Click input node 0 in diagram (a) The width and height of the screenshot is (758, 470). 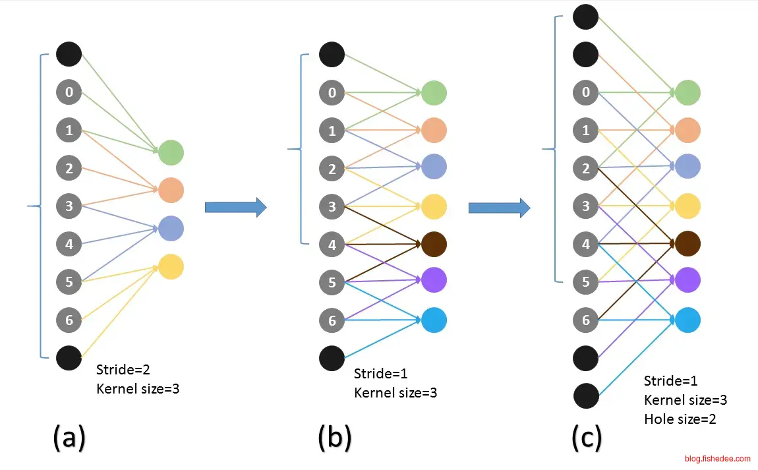69,92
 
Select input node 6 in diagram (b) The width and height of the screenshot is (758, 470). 332,320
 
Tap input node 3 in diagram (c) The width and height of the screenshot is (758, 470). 586,206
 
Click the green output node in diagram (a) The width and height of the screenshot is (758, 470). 171,152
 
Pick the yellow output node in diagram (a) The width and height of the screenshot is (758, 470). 171,266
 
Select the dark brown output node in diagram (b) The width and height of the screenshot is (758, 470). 434,244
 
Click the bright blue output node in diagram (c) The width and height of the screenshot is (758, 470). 687,320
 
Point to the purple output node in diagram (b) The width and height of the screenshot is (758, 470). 434,280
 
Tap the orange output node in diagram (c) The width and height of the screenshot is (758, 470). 687,130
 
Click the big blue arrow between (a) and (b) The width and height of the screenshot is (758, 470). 235,207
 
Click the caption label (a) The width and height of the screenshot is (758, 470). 69,438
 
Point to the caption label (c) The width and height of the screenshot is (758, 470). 586,438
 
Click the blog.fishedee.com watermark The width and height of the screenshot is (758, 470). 717,459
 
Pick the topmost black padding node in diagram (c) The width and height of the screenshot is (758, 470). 586,16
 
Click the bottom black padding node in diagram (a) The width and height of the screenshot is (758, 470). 69,357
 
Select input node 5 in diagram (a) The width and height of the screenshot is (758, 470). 69,282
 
